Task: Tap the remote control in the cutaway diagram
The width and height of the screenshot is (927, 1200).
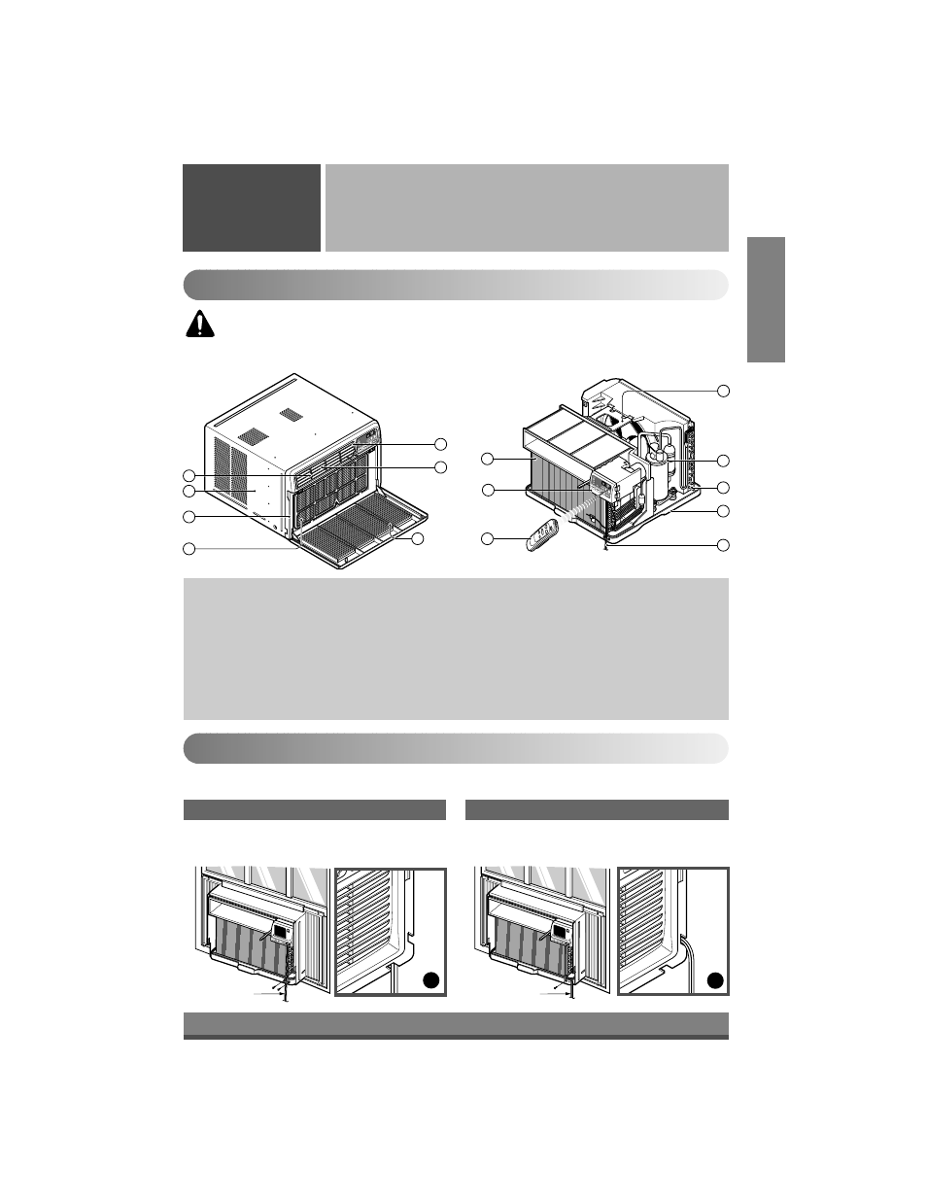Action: click(542, 534)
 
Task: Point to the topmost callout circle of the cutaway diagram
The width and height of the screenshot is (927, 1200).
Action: click(722, 391)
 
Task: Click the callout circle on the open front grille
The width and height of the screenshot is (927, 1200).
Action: click(418, 538)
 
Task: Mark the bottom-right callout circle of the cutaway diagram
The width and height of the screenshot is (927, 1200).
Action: click(722, 544)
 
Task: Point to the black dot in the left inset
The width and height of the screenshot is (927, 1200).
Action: click(430, 981)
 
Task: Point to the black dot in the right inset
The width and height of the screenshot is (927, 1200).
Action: click(714, 981)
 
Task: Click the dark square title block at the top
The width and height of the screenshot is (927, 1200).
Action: click(252, 207)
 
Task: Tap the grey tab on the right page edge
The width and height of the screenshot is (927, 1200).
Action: click(766, 300)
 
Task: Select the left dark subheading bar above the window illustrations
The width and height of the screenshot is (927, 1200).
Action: click(314, 809)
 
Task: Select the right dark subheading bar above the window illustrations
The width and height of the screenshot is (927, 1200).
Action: click(597, 809)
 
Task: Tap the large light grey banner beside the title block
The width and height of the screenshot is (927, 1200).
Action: click(526, 207)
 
